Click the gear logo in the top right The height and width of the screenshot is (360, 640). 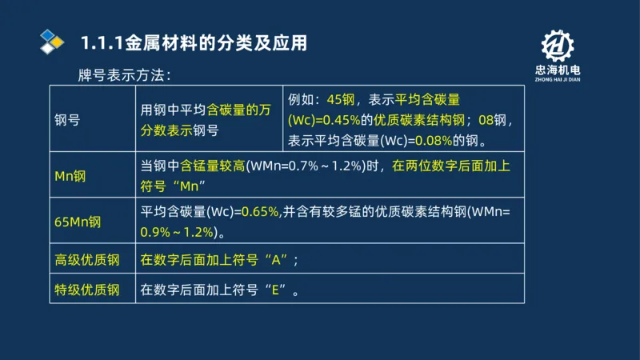tap(557, 47)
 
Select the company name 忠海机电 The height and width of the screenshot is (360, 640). tap(557, 70)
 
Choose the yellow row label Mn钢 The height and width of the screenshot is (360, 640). tap(70, 176)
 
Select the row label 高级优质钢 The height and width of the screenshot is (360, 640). tap(86, 260)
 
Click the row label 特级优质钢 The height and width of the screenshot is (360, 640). tap(86, 289)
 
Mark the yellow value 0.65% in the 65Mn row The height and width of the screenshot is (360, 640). tap(259, 212)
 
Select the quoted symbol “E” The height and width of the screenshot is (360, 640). tap(279, 290)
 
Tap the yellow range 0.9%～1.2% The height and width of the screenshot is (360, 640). tap(178, 232)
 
